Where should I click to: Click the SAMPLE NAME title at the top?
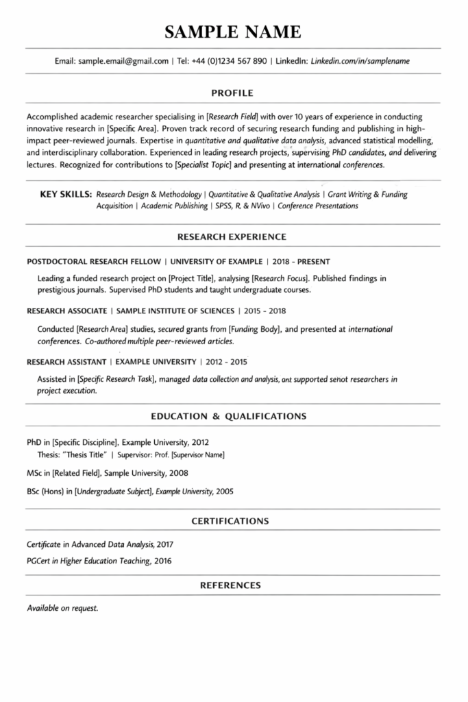click(233, 32)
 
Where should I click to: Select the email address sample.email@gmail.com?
click(123, 61)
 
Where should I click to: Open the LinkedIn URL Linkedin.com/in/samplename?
click(360, 61)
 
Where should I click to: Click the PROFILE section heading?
click(232, 93)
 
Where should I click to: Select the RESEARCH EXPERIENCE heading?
click(232, 237)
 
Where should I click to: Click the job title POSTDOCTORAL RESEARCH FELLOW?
click(93, 261)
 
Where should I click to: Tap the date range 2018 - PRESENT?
click(301, 261)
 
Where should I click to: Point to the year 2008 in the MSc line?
click(177, 473)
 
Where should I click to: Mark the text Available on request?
click(62, 608)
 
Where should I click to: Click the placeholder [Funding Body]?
click(254, 328)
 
